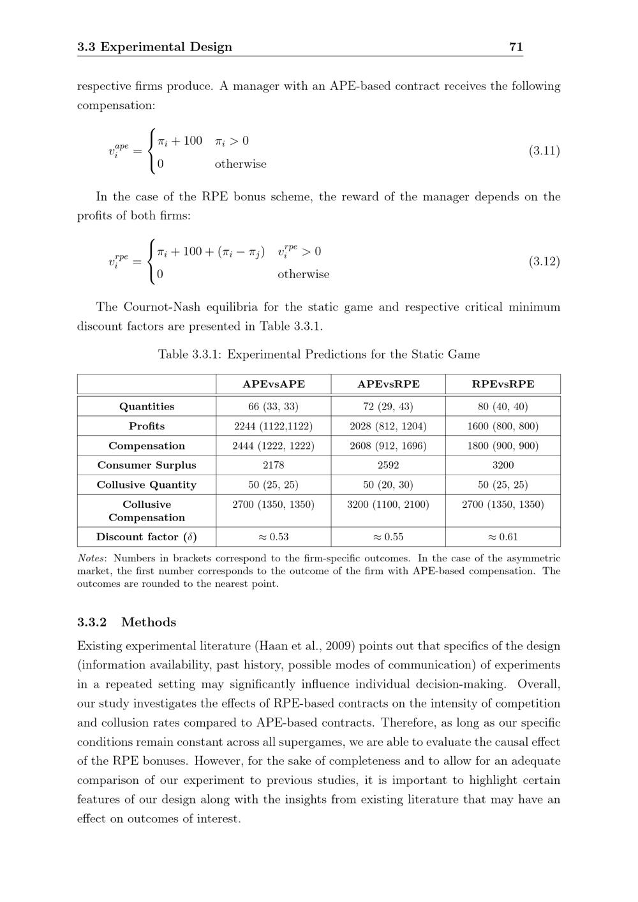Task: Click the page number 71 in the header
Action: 516,47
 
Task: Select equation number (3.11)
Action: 544,151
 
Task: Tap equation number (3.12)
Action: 544,262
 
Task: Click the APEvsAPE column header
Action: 274,384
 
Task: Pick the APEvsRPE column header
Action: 388,384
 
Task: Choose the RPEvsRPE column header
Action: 503,384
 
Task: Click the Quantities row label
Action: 147,406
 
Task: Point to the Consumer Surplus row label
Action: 147,465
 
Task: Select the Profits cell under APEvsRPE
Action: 388,426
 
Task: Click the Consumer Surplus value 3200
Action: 503,465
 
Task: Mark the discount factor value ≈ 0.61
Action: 503,536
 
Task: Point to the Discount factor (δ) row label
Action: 147,536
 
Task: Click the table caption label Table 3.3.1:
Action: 189,355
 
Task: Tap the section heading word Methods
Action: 149,622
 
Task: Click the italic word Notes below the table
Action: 91,558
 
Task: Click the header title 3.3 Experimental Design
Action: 154,47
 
